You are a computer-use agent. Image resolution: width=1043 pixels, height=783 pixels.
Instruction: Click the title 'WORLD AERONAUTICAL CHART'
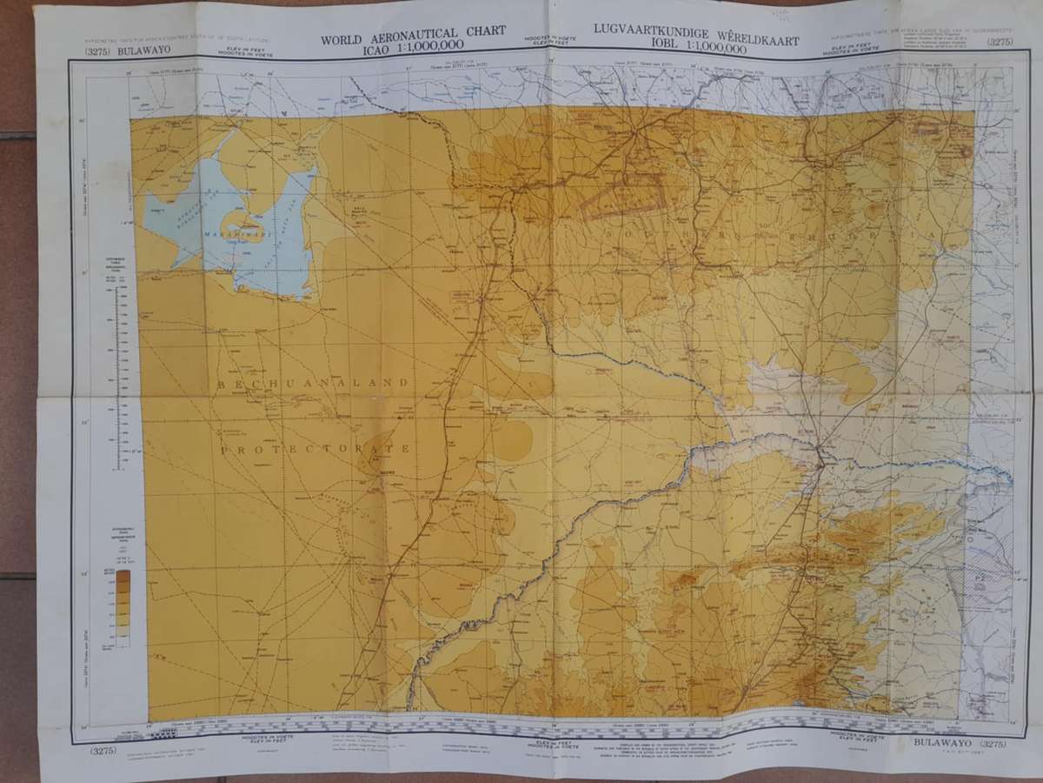tap(413, 40)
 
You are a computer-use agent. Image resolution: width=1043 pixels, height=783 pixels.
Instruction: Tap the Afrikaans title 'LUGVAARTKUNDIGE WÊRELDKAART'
tap(695, 29)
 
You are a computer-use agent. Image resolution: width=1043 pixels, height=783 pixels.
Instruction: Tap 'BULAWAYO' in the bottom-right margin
tap(945, 743)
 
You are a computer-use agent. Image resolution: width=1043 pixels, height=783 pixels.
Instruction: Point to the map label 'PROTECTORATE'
tap(314, 449)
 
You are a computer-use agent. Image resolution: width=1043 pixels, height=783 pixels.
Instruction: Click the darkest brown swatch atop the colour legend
tap(123, 576)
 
